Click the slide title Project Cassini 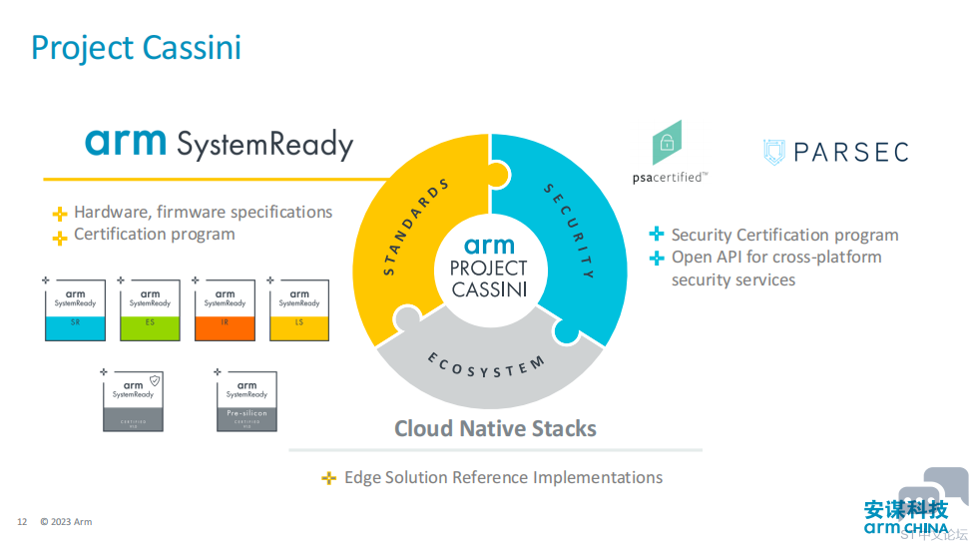(x=136, y=47)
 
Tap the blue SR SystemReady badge (x=75, y=309)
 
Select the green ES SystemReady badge (x=150, y=309)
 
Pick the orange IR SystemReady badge (x=225, y=309)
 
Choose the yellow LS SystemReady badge (x=299, y=309)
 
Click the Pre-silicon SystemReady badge (x=246, y=400)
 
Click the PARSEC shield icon (x=774, y=152)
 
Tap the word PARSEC (x=850, y=152)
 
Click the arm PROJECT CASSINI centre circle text (x=489, y=268)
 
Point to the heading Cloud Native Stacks (x=495, y=429)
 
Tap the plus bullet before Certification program (x=60, y=237)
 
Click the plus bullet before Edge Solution (x=328, y=479)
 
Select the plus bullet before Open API (x=657, y=259)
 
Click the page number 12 (x=22, y=522)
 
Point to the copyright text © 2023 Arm (x=66, y=522)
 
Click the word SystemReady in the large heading (x=264, y=145)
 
